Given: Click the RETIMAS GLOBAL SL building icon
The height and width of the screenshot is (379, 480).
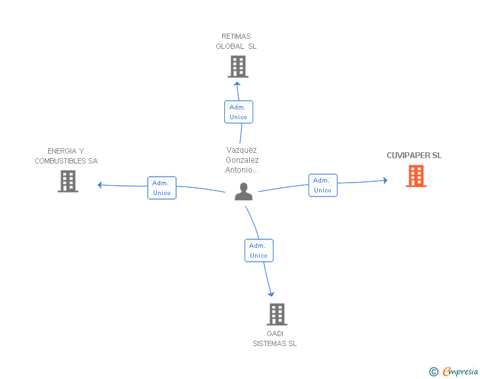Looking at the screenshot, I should pyautogui.click(x=237, y=67).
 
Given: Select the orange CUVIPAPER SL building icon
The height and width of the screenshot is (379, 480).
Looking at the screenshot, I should pyautogui.click(x=415, y=176).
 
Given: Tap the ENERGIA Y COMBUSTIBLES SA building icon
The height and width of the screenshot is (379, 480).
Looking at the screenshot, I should pyautogui.click(x=68, y=181).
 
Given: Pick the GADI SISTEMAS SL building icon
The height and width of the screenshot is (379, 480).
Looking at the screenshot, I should pyautogui.click(x=277, y=314).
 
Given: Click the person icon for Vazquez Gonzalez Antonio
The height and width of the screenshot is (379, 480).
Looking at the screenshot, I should pyautogui.click(x=243, y=192).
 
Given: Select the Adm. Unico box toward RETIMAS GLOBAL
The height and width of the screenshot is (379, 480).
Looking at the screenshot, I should pyautogui.click(x=238, y=112).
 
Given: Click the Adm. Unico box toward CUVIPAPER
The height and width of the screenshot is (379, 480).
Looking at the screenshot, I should pyautogui.click(x=322, y=185).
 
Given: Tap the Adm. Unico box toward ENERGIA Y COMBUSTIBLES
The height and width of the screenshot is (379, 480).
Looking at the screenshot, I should pyautogui.click(x=162, y=188).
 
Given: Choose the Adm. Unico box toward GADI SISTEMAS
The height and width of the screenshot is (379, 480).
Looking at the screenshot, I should pyautogui.click(x=258, y=250).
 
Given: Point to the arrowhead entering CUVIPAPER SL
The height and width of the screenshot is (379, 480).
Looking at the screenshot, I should pyautogui.click(x=385, y=180).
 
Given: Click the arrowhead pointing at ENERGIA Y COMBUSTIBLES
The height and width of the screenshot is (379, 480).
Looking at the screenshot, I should pyautogui.click(x=100, y=185).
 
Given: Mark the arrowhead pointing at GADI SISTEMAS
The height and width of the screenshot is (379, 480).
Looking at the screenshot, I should pyautogui.click(x=271, y=294).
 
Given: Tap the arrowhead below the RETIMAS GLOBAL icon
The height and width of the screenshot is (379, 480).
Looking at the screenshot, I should pyautogui.click(x=237, y=84).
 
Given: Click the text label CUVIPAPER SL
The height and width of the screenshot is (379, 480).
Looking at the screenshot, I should pyautogui.click(x=414, y=156).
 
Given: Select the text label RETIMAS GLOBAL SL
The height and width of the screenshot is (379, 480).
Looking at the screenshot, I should pyautogui.click(x=236, y=42).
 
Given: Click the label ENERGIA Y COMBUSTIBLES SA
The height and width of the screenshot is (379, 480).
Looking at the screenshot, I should pyautogui.click(x=66, y=156).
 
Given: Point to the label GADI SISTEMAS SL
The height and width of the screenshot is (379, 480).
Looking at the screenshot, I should pyautogui.click(x=275, y=338).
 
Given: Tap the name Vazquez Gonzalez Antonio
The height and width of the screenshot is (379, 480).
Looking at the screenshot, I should pyautogui.click(x=242, y=160).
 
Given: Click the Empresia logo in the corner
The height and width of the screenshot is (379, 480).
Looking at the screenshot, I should pyautogui.click(x=460, y=372).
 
